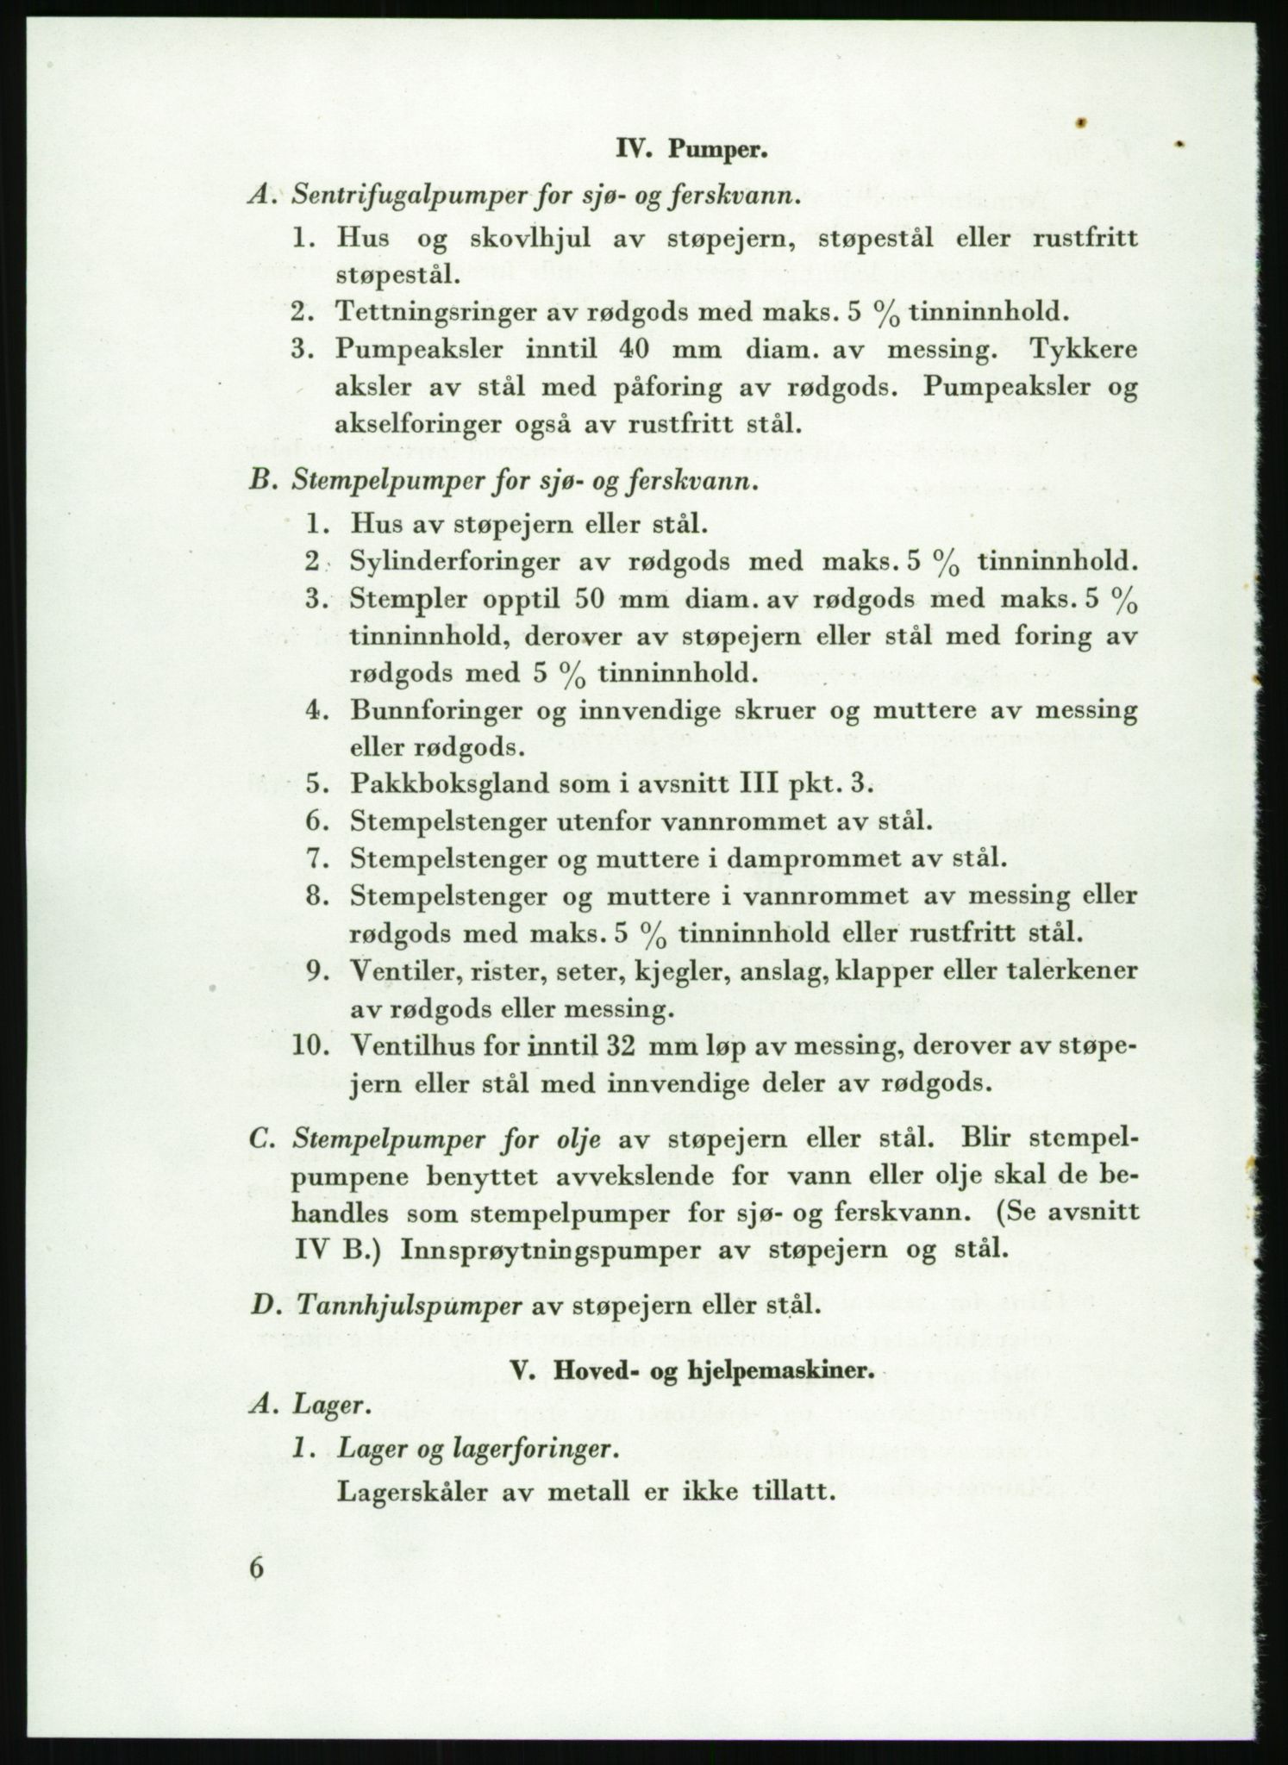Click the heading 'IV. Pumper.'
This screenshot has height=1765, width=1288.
(x=691, y=153)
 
